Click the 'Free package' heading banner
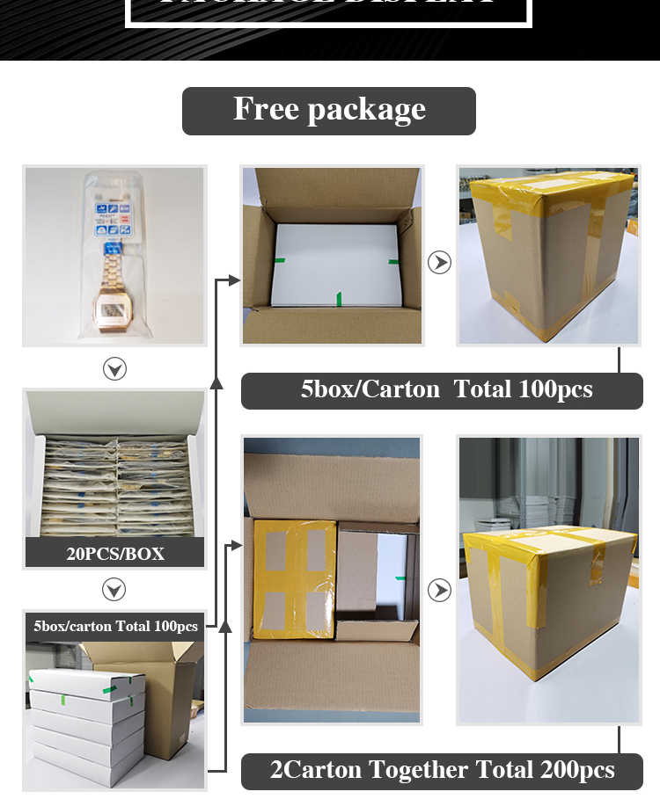(329, 111)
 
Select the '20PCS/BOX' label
(115, 554)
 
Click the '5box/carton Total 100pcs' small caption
(115, 627)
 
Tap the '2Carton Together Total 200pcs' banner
(442, 771)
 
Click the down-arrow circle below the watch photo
(114, 369)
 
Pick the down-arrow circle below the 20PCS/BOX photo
(114, 589)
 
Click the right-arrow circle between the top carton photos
(439, 262)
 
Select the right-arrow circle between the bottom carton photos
(439, 590)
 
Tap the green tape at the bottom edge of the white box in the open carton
(339, 300)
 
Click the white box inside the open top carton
(330, 264)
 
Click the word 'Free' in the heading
(265, 110)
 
